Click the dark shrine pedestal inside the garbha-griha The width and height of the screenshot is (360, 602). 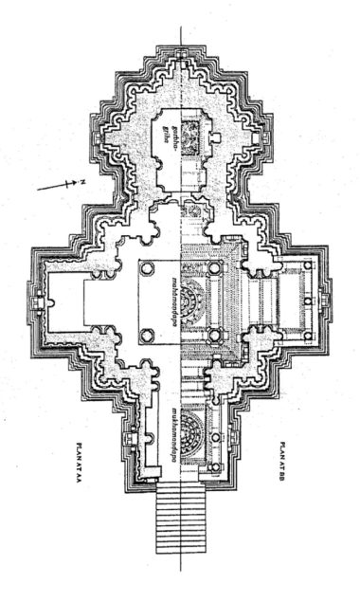point(192,135)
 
